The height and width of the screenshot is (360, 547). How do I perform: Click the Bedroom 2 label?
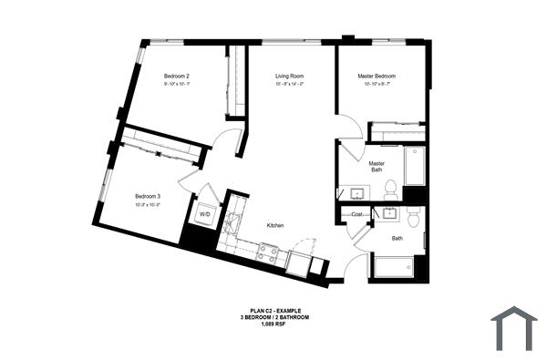click(x=176, y=75)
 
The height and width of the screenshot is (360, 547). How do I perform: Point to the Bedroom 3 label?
click(x=148, y=196)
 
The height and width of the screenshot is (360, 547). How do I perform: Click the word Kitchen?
click(x=278, y=224)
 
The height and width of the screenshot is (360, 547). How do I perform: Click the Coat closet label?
click(x=358, y=215)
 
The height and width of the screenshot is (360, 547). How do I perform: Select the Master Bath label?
click(x=377, y=167)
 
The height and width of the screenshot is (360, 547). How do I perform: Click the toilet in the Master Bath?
click(x=390, y=190)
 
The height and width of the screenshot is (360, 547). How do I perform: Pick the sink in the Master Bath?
click(x=354, y=193)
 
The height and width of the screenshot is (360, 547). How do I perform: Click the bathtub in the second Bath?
click(x=394, y=268)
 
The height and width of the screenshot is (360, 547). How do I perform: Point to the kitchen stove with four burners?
click(x=267, y=252)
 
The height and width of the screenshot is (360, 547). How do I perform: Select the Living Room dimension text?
click(x=289, y=84)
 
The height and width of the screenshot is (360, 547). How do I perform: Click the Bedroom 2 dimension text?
click(x=176, y=84)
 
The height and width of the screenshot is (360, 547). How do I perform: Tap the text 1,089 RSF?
click(x=275, y=324)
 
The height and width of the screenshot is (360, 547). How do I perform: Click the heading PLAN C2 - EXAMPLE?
click(x=275, y=310)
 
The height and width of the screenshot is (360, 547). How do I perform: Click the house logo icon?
click(x=514, y=327)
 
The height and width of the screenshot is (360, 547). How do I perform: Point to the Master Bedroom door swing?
click(x=349, y=129)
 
